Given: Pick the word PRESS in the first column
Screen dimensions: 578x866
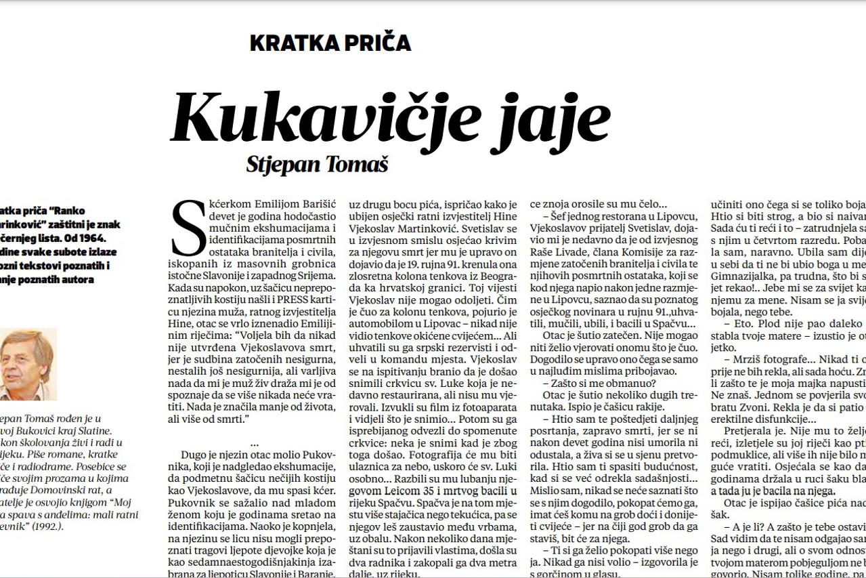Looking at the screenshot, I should [270, 302].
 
